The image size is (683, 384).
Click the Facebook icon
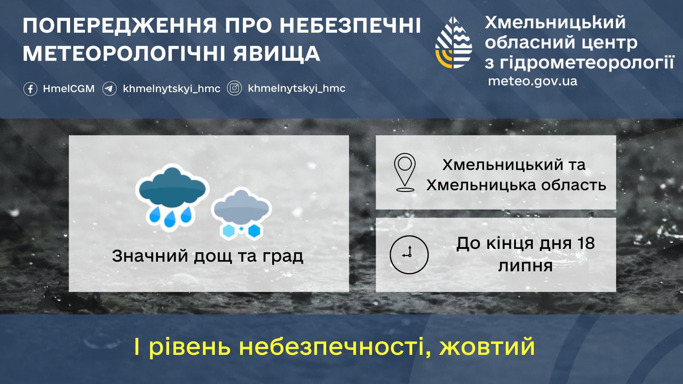coord(30,89)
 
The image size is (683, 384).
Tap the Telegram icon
coord(110,89)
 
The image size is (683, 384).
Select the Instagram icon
coord(234,88)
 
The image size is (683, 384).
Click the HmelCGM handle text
coord(69,89)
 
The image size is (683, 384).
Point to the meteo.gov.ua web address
coord(533,81)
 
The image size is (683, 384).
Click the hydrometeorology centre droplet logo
coord(454,42)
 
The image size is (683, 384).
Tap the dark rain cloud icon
coord(172,198)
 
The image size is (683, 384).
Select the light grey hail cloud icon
coord(241,214)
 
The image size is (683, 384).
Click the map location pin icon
coord(405,172)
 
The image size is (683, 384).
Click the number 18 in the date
coord(586,244)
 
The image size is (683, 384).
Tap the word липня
coord(525,266)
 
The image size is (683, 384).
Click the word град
coord(283,256)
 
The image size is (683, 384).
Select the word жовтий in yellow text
coord(487,347)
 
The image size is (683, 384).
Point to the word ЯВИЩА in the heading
coord(277,54)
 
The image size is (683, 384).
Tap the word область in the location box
coord(574,185)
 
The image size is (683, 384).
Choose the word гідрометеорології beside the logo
coord(587,63)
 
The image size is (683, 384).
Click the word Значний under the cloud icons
coord(150,256)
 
